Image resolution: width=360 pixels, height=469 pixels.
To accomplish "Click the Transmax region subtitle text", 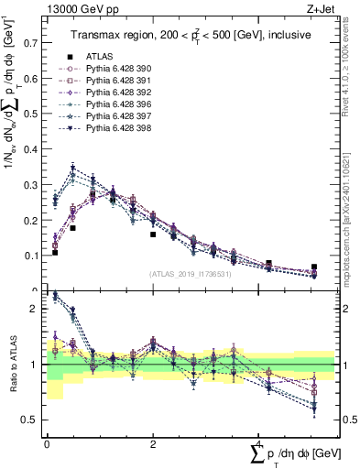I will [x=190, y=35].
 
